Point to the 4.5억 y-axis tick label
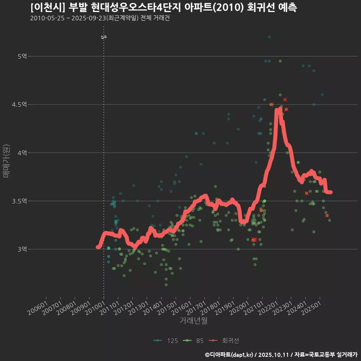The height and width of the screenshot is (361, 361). pyautogui.click(x=20, y=105)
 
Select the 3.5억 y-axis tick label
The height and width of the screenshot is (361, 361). pyautogui.click(x=20, y=201)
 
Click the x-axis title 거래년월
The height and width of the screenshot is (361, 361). pyautogui.click(x=193, y=320)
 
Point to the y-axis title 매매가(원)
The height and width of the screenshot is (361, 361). pyautogui.click(x=6, y=161)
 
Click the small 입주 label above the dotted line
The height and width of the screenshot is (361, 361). pyautogui.click(x=104, y=37)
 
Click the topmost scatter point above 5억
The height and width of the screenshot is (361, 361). pyautogui.click(x=269, y=37)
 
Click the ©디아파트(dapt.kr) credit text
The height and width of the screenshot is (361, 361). pyautogui.click(x=229, y=354)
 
